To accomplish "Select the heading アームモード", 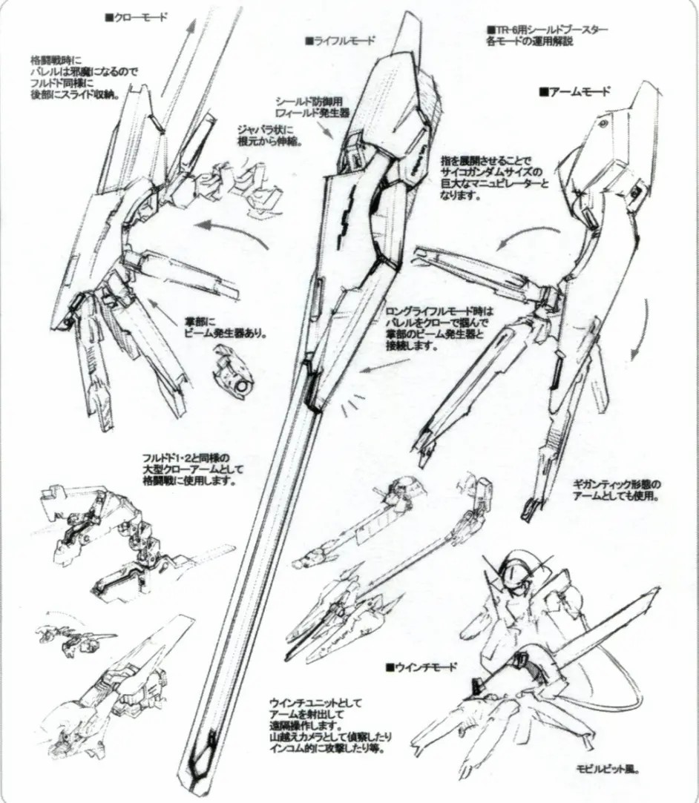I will [x=575, y=92].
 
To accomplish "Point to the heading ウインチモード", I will [x=421, y=667].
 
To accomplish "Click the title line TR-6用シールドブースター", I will [x=547, y=30].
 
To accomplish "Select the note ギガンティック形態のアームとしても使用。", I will [x=617, y=490].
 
